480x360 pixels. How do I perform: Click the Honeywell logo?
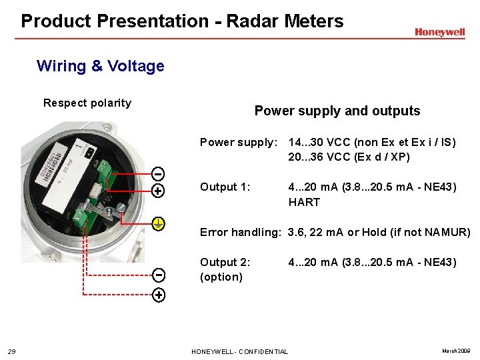[x=439, y=32]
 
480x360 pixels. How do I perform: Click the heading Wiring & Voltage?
[x=101, y=66]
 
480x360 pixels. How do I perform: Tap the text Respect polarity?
[x=87, y=103]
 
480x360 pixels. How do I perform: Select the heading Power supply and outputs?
[x=337, y=111]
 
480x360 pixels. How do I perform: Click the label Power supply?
[x=238, y=142]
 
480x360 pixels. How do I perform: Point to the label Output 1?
[x=225, y=187]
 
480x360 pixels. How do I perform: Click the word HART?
[x=304, y=202]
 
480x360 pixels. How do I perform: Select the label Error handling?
[x=241, y=232]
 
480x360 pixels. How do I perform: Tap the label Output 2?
[x=225, y=262]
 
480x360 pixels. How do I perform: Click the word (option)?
[x=221, y=277]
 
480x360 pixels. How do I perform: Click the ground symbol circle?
[x=159, y=223]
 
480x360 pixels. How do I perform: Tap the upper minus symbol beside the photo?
[x=159, y=175]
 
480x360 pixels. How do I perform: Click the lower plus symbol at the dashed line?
[x=159, y=295]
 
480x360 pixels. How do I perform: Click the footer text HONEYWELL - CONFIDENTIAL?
[x=239, y=351]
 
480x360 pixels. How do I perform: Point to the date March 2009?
[x=456, y=351]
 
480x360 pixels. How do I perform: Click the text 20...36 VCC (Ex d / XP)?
[x=349, y=157]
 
